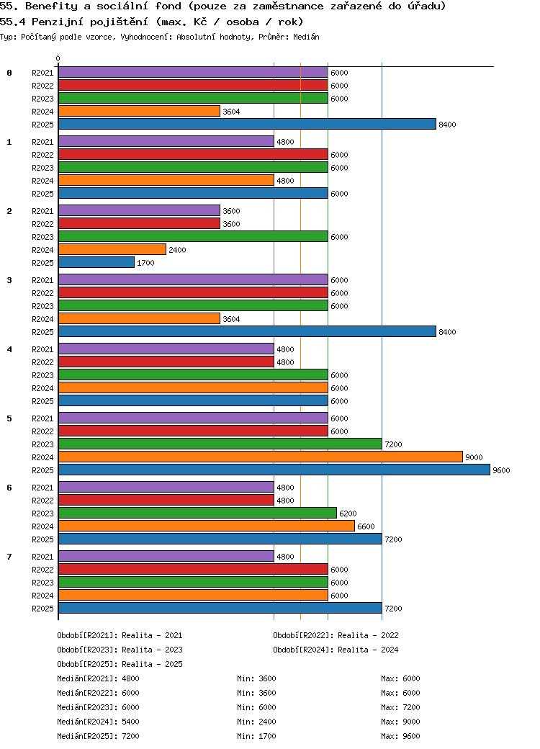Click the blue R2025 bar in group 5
pyautogui.click(x=274, y=470)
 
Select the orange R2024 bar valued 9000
pyautogui.click(x=260, y=457)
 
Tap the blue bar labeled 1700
pyautogui.click(x=96, y=263)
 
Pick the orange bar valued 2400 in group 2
pyautogui.click(x=112, y=250)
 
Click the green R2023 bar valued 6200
pyautogui.click(x=197, y=513)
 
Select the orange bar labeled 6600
pyautogui.click(x=206, y=526)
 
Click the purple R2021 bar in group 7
pyautogui.click(x=166, y=557)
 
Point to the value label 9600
pyautogui.click(x=501, y=470)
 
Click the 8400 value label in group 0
pyautogui.click(x=447, y=125)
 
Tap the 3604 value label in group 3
pyautogui.click(x=231, y=319)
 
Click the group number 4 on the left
pyautogui.click(x=9, y=349)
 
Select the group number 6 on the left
pyautogui.click(x=9, y=488)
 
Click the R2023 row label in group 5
pyautogui.click(x=42, y=444)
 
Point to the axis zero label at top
pyautogui.click(x=58, y=59)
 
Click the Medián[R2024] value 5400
pyautogui.click(x=130, y=722)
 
